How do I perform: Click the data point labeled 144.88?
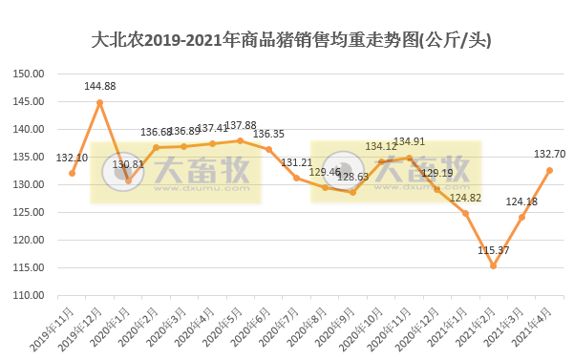(99, 102)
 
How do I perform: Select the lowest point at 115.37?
(494, 265)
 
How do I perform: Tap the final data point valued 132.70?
(549, 170)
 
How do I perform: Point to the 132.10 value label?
(73, 159)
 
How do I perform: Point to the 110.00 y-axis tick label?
(32, 296)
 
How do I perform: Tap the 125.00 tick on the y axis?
(32, 213)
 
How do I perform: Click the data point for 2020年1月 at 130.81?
(128, 180)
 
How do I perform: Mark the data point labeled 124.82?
(465, 213)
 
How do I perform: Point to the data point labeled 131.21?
(296, 178)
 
